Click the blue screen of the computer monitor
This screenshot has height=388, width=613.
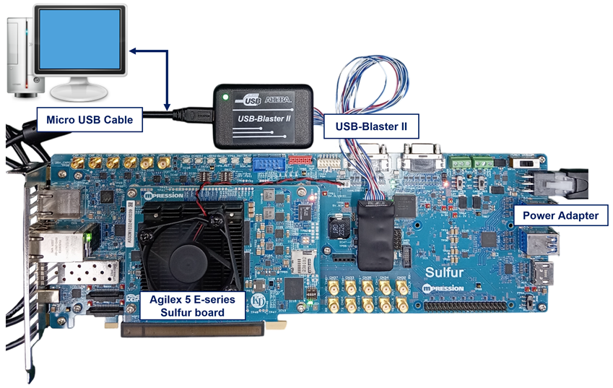[79, 41]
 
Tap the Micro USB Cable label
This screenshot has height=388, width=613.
[90, 120]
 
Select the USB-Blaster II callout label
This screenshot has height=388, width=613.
[371, 126]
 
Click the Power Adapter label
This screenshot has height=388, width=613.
[560, 215]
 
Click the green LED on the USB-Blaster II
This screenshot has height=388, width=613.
[226, 96]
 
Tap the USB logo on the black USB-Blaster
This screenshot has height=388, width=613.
[253, 100]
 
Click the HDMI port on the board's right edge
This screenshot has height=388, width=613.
[543, 274]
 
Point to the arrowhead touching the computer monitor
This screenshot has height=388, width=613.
[134, 51]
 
